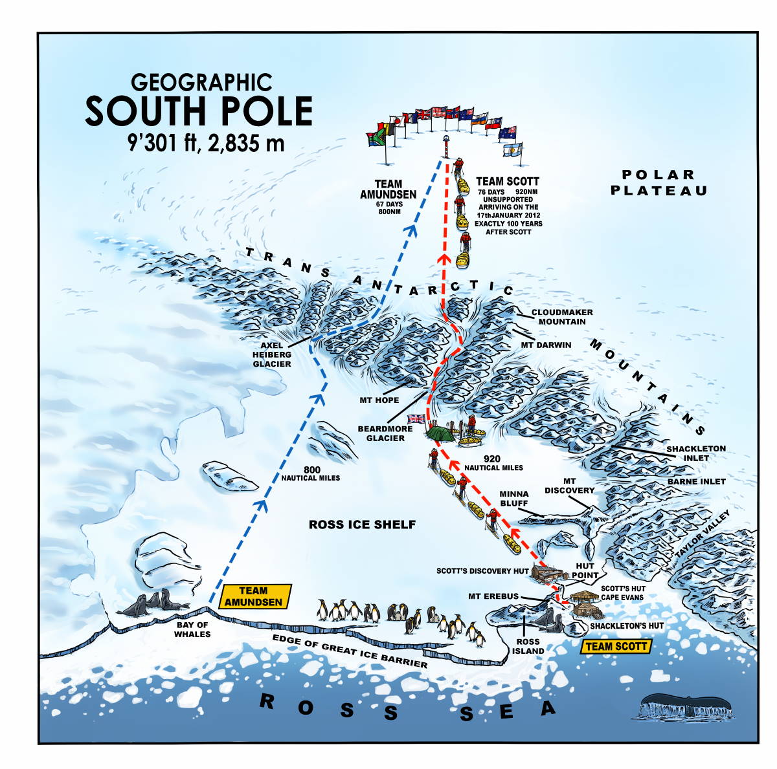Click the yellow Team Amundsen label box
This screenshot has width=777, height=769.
coord(254,596)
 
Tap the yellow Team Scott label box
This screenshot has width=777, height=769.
coord(615,645)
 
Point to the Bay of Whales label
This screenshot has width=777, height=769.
coord(192,629)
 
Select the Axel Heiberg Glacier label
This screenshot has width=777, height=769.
coord(272,354)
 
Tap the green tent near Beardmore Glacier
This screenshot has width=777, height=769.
coord(440,432)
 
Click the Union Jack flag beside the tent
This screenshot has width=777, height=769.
coord(416,418)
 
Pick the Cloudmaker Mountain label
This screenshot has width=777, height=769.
coord(562,316)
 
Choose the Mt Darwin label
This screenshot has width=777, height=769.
coord(546,345)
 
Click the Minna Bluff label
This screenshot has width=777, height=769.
coord(514,498)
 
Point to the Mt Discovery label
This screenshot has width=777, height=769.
coord(569,486)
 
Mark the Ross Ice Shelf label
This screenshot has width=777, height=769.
coord(362,524)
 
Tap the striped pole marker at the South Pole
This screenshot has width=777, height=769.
coord(445,145)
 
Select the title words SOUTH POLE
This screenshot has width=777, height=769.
coord(199,111)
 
